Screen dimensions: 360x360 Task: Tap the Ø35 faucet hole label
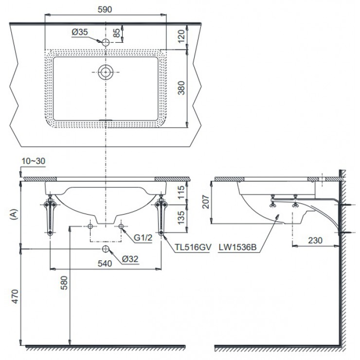click(x=79, y=32)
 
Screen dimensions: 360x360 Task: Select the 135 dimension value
click(x=181, y=216)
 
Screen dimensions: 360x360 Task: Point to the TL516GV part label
click(x=193, y=247)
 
